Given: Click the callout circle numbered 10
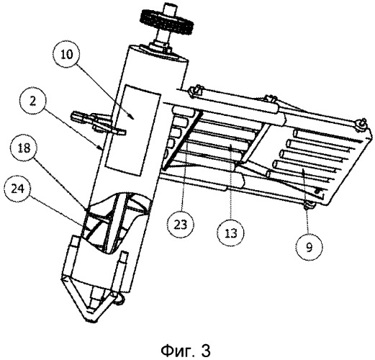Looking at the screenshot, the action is (x=67, y=55).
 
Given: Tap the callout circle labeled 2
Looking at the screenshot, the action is (x=33, y=102).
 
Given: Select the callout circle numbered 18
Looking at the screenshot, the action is (x=24, y=148).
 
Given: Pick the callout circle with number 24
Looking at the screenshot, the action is (x=17, y=189).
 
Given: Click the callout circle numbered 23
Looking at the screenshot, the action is (x=181, y=225).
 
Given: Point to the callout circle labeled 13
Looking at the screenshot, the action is (x=230, y=233).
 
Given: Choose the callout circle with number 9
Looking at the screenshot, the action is (x=309, y=247).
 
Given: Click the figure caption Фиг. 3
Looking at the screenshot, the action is (x=186, y=351).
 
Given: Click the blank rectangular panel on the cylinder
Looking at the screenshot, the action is (x=133, y=130).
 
